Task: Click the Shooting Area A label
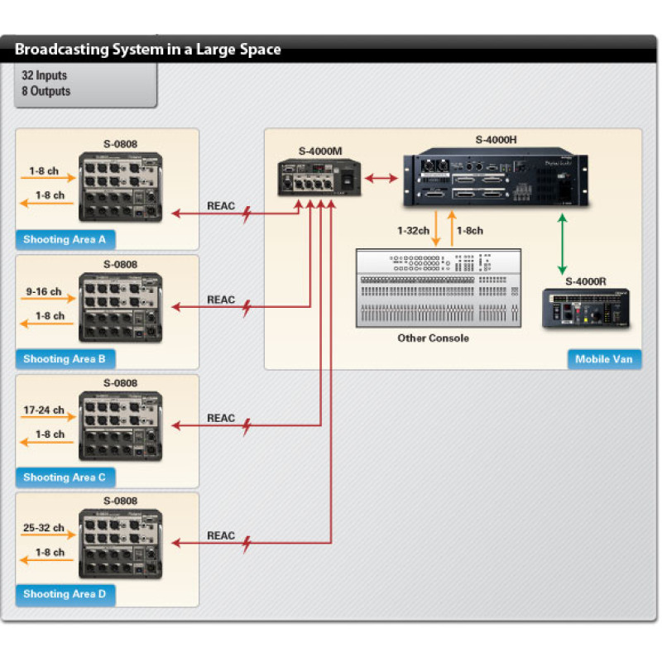point(65,240)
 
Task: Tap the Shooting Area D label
point(65,594)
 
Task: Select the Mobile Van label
point(604,359)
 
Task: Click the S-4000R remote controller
point(585,309)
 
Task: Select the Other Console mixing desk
point(439,288)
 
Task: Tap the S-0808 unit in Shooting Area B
point(120,307)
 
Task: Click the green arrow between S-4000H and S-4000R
point(563,244)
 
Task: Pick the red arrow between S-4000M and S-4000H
point(381,177)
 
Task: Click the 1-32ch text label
point(412,231)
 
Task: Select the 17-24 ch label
point(44,410)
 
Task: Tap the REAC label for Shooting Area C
point(221,418)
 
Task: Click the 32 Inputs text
point(45,75)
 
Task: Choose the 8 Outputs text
point(46,91)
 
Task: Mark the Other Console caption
point(433,338)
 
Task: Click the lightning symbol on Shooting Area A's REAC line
point(246,215)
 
